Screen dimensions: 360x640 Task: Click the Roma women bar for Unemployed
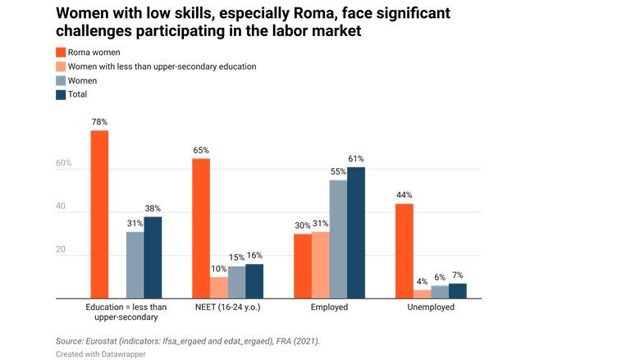point(404,251)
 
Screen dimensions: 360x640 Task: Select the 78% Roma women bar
point(99,215)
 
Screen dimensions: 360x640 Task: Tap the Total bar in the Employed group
point(355,233)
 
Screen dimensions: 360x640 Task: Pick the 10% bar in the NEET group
point(218,288)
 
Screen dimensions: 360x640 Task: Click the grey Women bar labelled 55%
point(337,239)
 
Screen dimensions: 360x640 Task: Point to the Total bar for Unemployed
point(457,291)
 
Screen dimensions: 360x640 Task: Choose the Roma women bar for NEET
point(200,229)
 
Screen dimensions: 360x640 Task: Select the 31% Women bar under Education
point(135,266)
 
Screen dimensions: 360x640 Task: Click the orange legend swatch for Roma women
point(61,52)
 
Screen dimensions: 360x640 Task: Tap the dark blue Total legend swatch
point(61,94)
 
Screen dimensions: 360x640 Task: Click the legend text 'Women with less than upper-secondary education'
point(162,66)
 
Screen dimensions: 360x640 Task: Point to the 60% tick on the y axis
point(63,164)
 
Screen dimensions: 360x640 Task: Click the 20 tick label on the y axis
point(61,249)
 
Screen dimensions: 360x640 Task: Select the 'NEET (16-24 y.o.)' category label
point(227,308)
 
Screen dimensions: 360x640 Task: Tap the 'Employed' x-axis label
point(328,308)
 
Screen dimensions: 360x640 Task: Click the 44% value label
point(404,195)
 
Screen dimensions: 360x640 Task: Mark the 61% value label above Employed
point(355,159)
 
